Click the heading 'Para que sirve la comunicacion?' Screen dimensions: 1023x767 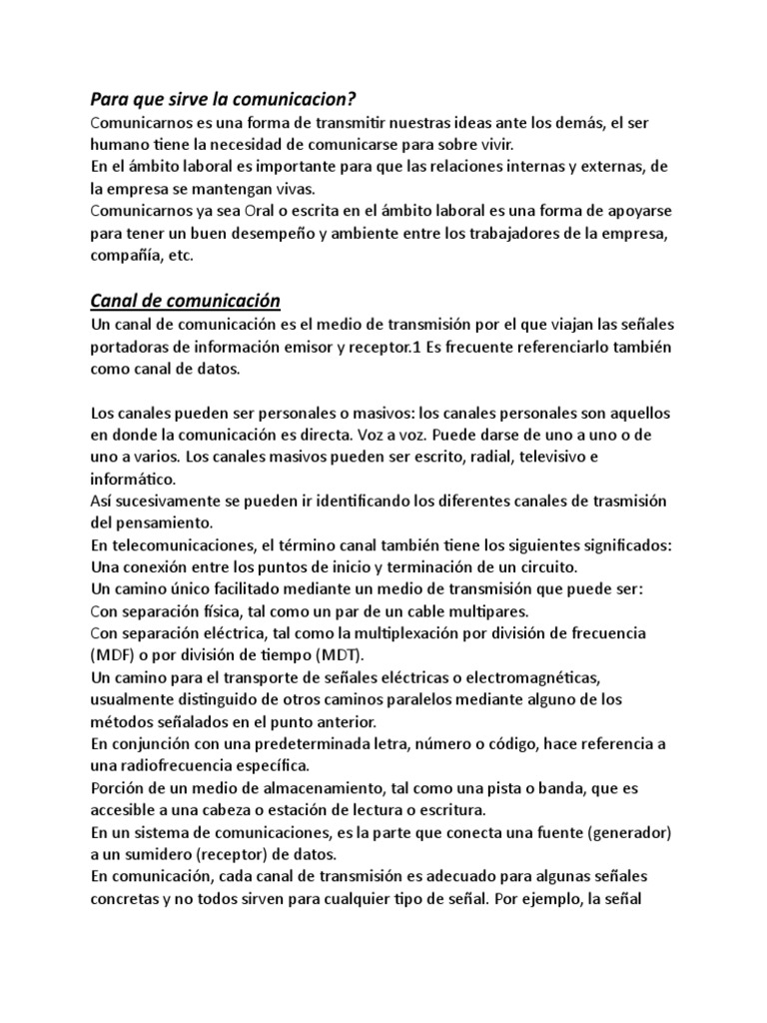click(223, 99)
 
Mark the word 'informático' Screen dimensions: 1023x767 click(133, 479)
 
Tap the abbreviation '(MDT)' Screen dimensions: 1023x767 click(341, 655)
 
